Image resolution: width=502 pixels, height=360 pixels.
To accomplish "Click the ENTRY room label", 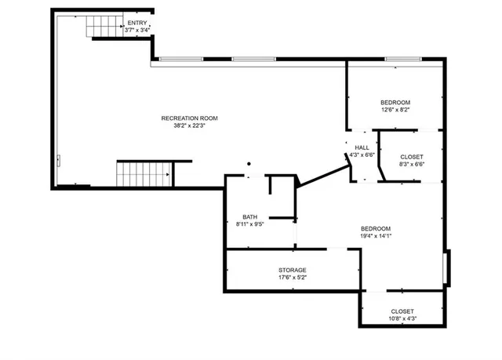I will pyautogui.click(x=136, y=23).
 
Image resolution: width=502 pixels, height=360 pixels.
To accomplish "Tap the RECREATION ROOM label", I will pyautogui.click(x=189, y=118).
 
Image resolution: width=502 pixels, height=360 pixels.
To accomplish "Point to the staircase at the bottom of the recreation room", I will pyautogui.click(x=144, y=173).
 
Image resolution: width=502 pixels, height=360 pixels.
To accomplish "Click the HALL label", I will pyautogui.click(x=362, y=147).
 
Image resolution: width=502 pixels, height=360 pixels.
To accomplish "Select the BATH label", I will pyautogui.click(x=249, y=217).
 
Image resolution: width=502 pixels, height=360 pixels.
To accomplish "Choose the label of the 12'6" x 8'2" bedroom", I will pyautogui.click(x=395, y=103).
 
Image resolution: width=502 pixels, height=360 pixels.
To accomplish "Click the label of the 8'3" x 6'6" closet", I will pyautogui.click(x=411, y=157).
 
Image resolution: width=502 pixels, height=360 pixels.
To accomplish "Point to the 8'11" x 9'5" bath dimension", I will pyautogui.click(x=249, y=224).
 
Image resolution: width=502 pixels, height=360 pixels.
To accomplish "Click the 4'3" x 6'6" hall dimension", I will pyautogui.click(x=362, y=155).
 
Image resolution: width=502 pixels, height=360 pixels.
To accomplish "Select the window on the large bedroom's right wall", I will pyautogui.click(x=446, y=267).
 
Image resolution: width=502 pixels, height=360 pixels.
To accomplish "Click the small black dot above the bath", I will pyautogui.click(x=249, y=164).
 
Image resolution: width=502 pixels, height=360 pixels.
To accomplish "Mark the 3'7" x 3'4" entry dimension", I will pyautogui.click(x=136, y=30).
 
